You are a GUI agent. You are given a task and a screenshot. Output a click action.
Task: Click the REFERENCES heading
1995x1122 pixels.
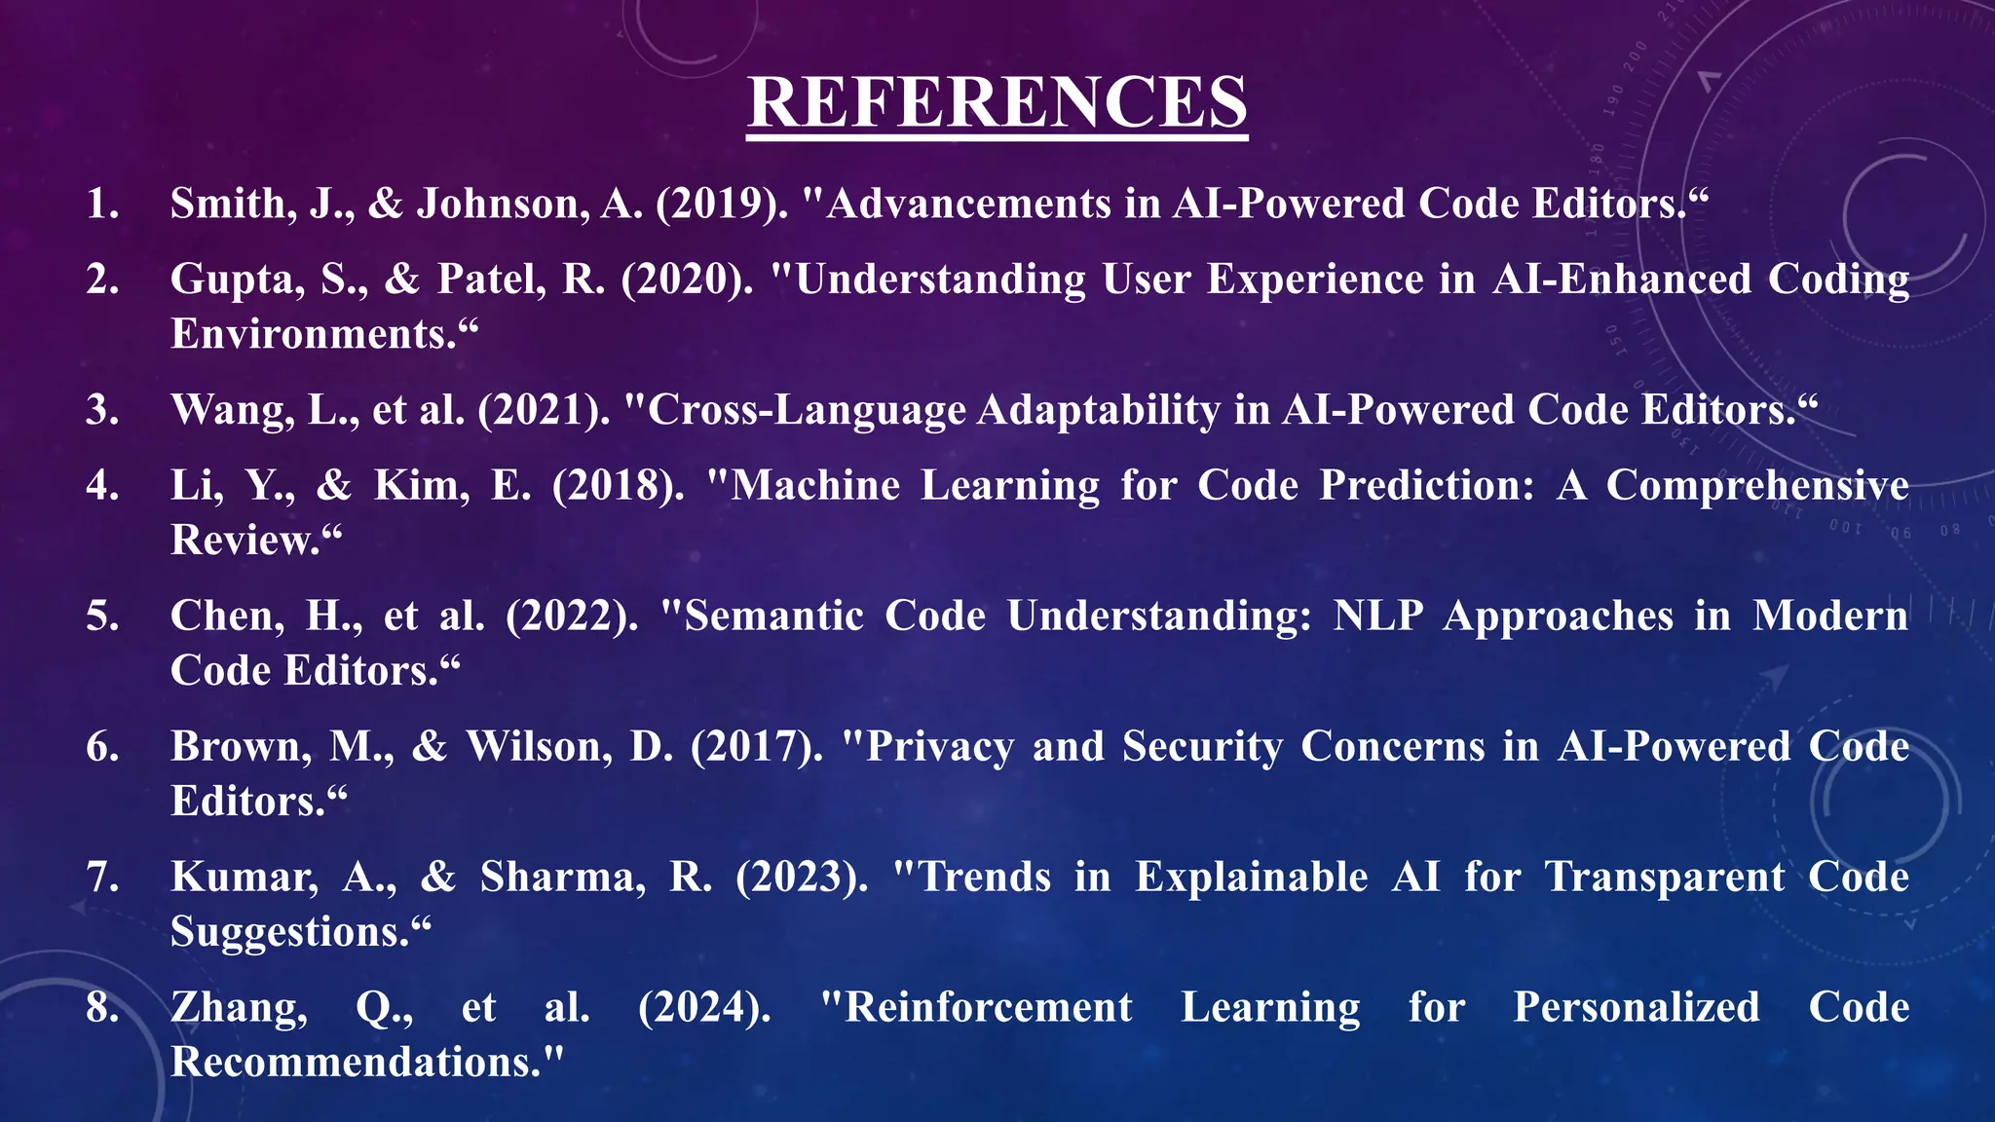coord(997,102)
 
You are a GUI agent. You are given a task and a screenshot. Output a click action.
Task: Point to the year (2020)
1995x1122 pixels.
coord(687,280)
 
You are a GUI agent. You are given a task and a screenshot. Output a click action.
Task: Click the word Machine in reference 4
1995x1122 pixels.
coord(814,485)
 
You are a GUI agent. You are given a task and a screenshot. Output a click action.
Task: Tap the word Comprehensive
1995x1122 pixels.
coord(1756,485)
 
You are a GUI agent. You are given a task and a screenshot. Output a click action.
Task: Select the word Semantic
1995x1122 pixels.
coord(774,617)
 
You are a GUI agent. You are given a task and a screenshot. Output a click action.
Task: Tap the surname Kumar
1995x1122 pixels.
coord(244,878)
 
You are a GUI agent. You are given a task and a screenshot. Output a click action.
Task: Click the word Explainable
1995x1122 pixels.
coord(1252,878)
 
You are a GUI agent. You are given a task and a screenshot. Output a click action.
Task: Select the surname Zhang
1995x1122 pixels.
coord(239,1008)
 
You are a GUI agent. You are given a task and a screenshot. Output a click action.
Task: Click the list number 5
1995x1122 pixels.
coord(101,617)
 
